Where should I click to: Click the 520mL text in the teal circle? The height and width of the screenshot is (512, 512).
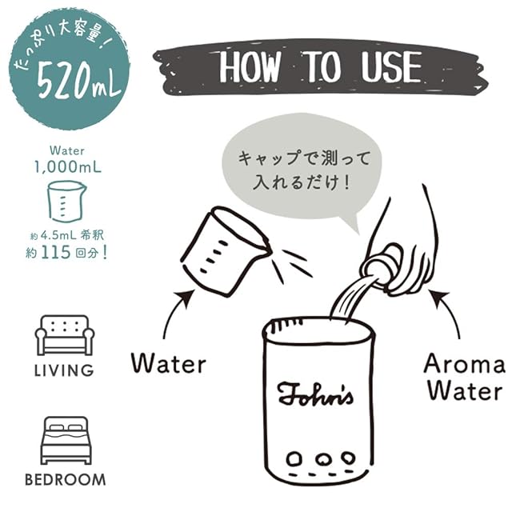79,81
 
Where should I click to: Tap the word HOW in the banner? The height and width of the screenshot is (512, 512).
250,66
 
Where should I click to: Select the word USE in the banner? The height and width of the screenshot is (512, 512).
391,66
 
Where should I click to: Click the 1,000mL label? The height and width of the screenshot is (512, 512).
68,167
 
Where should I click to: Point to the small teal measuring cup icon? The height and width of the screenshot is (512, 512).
66,201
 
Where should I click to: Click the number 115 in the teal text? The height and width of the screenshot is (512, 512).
56,252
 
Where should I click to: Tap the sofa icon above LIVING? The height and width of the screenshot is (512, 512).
65,335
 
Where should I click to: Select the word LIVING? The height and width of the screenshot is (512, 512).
64,370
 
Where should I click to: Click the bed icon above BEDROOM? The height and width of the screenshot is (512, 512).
66,440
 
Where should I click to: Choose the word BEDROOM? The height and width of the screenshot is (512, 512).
66,480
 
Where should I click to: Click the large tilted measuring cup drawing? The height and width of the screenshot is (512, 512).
226,250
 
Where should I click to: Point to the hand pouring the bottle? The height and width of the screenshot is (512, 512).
405,248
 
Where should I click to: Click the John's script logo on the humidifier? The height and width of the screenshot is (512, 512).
315,395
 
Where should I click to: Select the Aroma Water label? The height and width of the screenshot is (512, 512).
465,378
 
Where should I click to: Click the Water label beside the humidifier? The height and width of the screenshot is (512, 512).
169,363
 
